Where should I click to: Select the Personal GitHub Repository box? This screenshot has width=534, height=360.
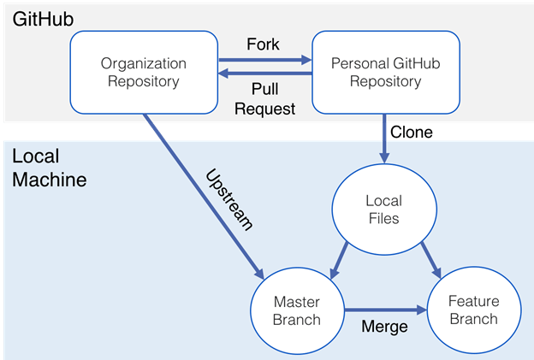coord(376,73)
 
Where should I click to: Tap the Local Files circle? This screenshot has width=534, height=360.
coord(383,210)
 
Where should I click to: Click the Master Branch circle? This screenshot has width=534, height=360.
coord(296,310)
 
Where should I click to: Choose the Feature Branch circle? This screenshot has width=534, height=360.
coord(472,310)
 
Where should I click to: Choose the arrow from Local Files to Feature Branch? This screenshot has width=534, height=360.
coord(430,260)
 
